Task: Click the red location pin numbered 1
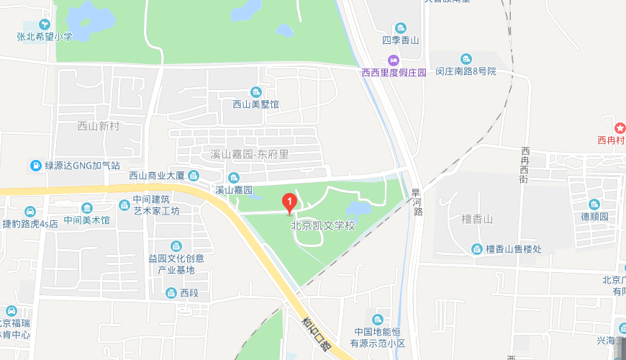289,202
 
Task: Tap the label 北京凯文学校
323,225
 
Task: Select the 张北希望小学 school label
45,36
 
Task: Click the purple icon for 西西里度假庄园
393,60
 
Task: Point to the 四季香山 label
401,40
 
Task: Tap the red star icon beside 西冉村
620,128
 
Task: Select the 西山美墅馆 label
255,104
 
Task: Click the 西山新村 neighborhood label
97,126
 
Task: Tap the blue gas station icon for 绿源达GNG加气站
35,165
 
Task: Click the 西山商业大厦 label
158,175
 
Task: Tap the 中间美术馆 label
86,220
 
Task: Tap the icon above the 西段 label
171,292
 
